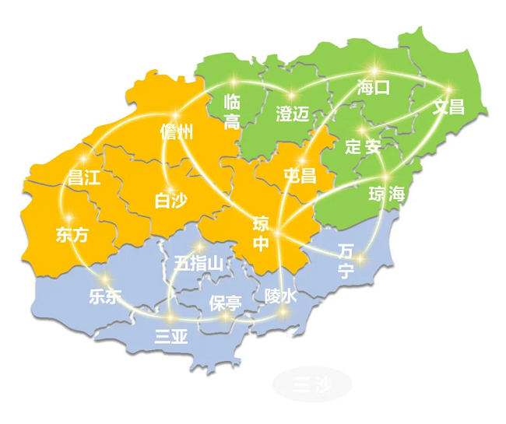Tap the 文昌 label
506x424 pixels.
[449, 107]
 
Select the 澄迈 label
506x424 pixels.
[293, 114]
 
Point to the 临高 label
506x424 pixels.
[232, 111]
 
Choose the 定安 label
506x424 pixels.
[363, 146]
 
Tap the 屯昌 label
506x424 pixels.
[300, 175]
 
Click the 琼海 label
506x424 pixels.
[387, 194]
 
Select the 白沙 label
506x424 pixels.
[170, 201]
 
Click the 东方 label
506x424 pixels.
[72, 235]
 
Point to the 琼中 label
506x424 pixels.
[262, 234]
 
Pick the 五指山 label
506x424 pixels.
[199, 263]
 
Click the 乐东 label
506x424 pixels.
[106, 296]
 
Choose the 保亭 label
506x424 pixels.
[225, 302]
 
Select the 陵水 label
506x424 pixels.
[280, 296]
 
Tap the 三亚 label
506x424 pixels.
[171, 337]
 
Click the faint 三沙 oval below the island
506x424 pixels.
[312, 384]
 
